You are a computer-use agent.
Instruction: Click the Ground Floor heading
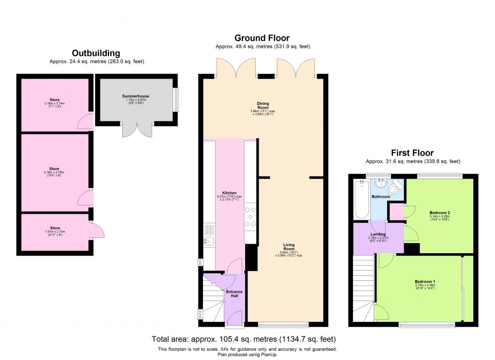(x=262, y=38)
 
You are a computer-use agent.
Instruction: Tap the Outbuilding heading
(x=96, y=53)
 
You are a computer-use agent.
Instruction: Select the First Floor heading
(x=413, y=153)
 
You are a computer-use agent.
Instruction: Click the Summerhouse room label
(x=135, y=96)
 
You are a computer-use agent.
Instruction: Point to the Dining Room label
(x=263, y=106)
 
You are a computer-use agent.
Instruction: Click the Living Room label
(x=289, y=247)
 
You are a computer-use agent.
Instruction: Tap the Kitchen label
(x=230, y=193)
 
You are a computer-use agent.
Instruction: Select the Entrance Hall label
(x=234, y=294)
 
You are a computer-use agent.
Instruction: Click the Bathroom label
(x=380, y=197)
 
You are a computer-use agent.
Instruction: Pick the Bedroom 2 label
(x=439, y=213)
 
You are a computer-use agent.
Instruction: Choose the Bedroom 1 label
(x=425, y=281)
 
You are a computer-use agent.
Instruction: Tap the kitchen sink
(x=208, y=241)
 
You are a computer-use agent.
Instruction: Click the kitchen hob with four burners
(x=250, y=217)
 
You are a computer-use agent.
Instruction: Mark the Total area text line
(x=244, y=339)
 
